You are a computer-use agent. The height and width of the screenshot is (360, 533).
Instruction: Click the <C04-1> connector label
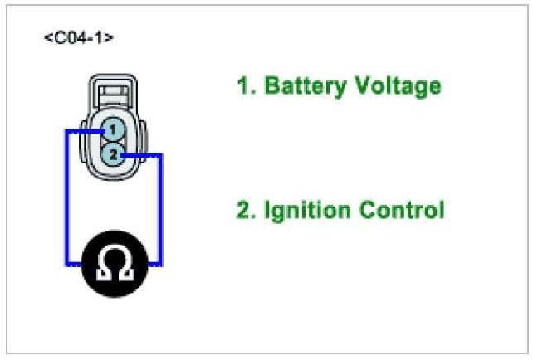(x=78, y=39)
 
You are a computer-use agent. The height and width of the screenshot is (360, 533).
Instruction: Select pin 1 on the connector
(x=114, y=129)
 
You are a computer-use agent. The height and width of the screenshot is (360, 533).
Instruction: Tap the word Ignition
(x=303, y=209)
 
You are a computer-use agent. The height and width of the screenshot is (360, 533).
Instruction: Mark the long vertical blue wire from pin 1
(x=66, y=199)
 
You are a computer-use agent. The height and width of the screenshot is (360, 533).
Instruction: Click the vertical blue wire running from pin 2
(x=161, y=207)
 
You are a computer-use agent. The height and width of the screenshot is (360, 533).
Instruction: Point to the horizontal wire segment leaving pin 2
(x=141, y=154)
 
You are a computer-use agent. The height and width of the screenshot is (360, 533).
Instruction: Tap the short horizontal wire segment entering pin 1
(x=83, y=130)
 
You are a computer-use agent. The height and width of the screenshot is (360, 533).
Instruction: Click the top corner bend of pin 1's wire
(x=66, y=130)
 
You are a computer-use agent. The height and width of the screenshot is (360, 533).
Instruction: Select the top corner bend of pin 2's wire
(x=161, y=154)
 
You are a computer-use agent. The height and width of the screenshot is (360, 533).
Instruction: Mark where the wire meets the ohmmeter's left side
(x=80, y=265)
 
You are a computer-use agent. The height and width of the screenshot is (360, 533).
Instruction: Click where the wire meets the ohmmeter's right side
(x=149, y=265)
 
